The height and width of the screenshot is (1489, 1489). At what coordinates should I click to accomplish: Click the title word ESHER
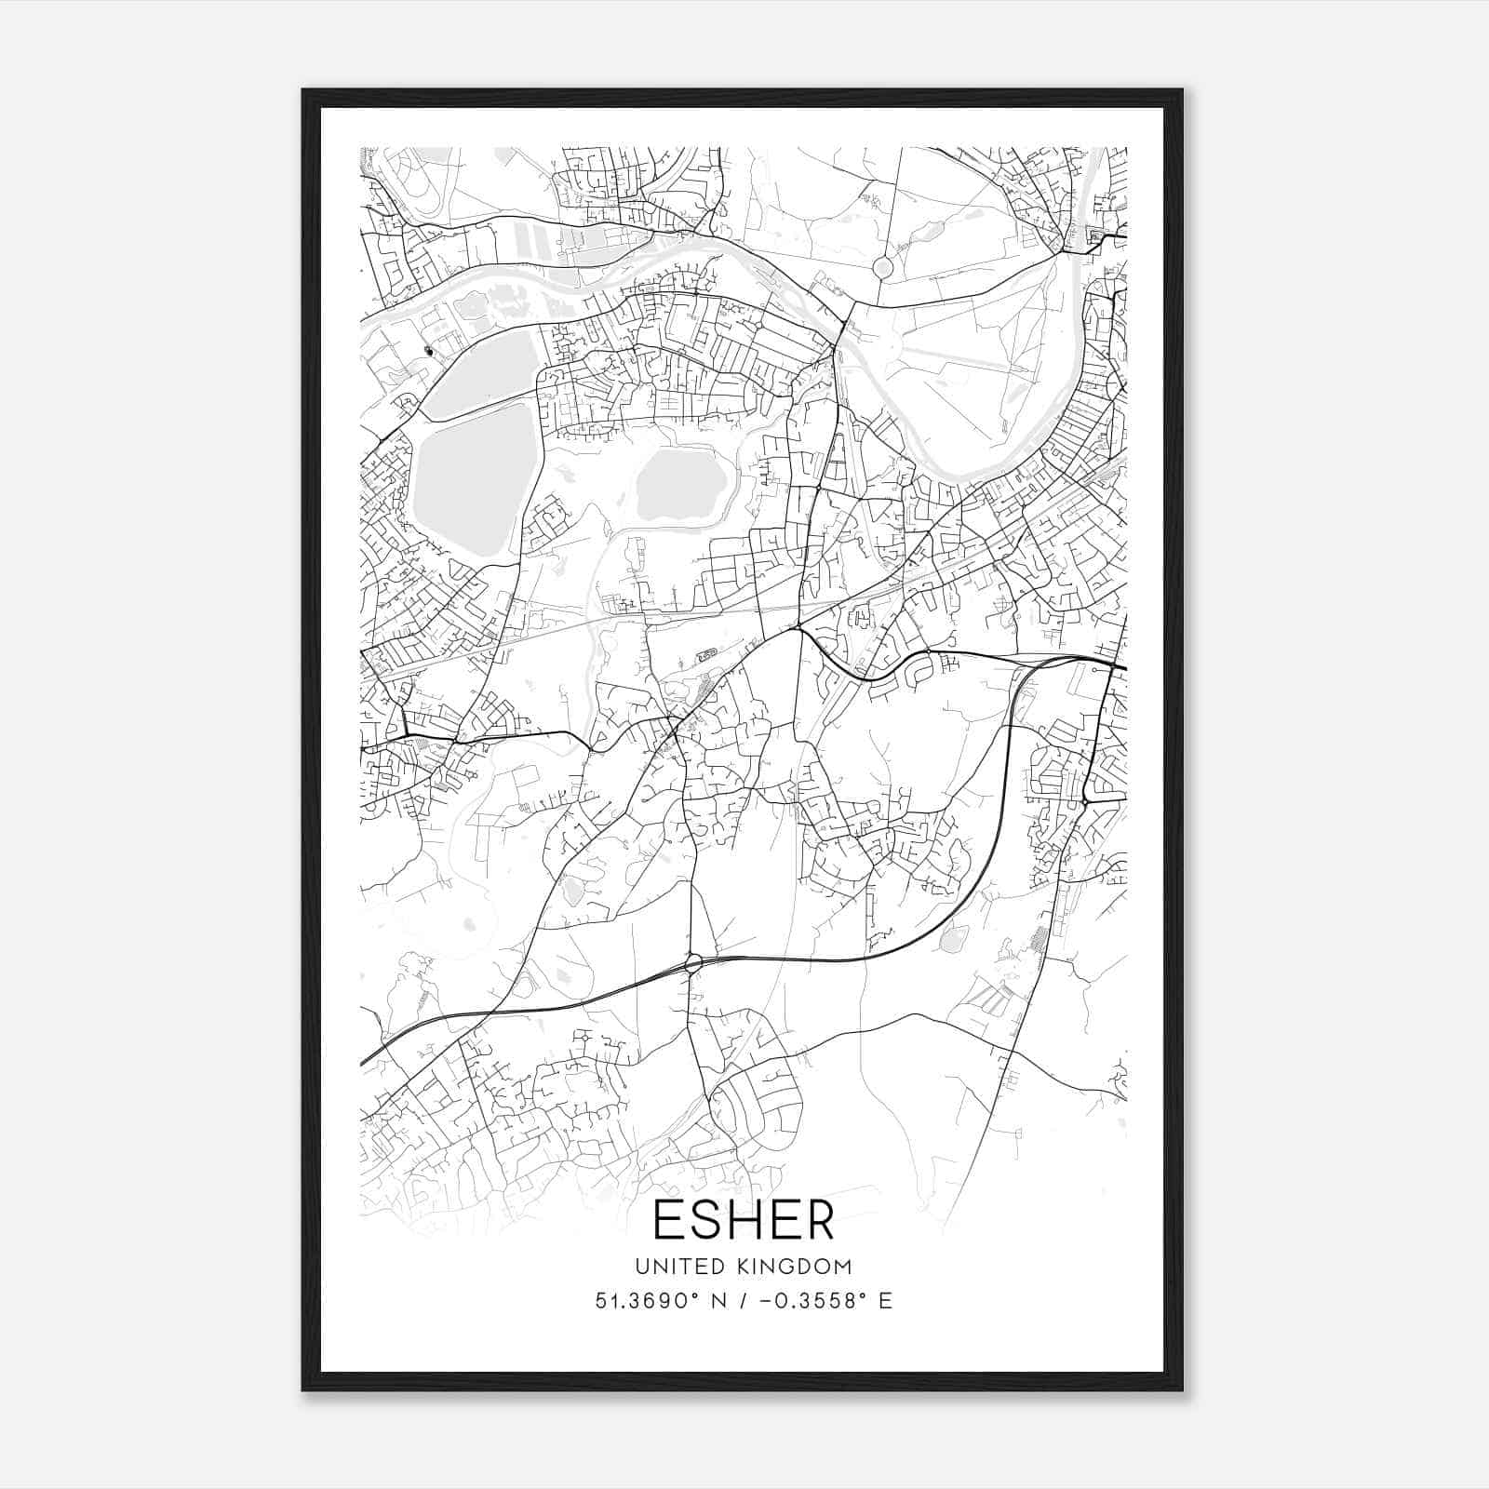(x=744, y=1219)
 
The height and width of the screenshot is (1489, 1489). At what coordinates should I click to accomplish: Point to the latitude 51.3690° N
(x=661, y=1301)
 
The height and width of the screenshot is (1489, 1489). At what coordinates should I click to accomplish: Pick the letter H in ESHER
(x=744, y=1219)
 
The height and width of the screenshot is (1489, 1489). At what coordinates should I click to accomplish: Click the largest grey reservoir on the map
(x=463, y=479)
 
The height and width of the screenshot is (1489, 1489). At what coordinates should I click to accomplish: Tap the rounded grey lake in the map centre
(x=680, y=485)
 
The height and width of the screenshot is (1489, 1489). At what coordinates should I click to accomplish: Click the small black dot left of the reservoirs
(x=428, y=351)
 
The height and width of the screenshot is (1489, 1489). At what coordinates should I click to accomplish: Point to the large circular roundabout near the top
(x=882, y=268)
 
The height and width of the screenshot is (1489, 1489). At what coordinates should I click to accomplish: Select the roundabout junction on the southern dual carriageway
(x=692, y=963)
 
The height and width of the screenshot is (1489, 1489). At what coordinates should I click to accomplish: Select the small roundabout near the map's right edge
(x=1085, y=799)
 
